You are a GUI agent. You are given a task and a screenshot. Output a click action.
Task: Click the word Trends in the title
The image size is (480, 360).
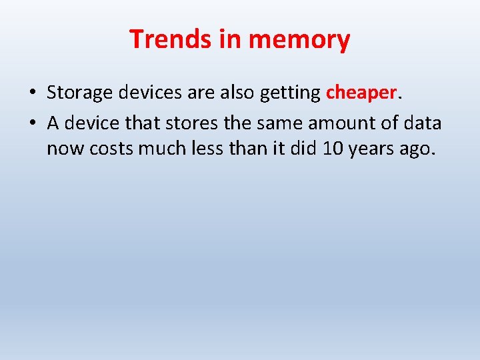click(x=171, y=39)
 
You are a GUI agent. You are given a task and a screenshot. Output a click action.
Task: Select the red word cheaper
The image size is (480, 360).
click(x=361, y=94)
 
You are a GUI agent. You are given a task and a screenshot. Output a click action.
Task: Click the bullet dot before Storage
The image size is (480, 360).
click(x=33, y=93)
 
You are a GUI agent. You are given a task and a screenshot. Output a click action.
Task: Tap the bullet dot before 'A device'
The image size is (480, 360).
click(x=33, y=123)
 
